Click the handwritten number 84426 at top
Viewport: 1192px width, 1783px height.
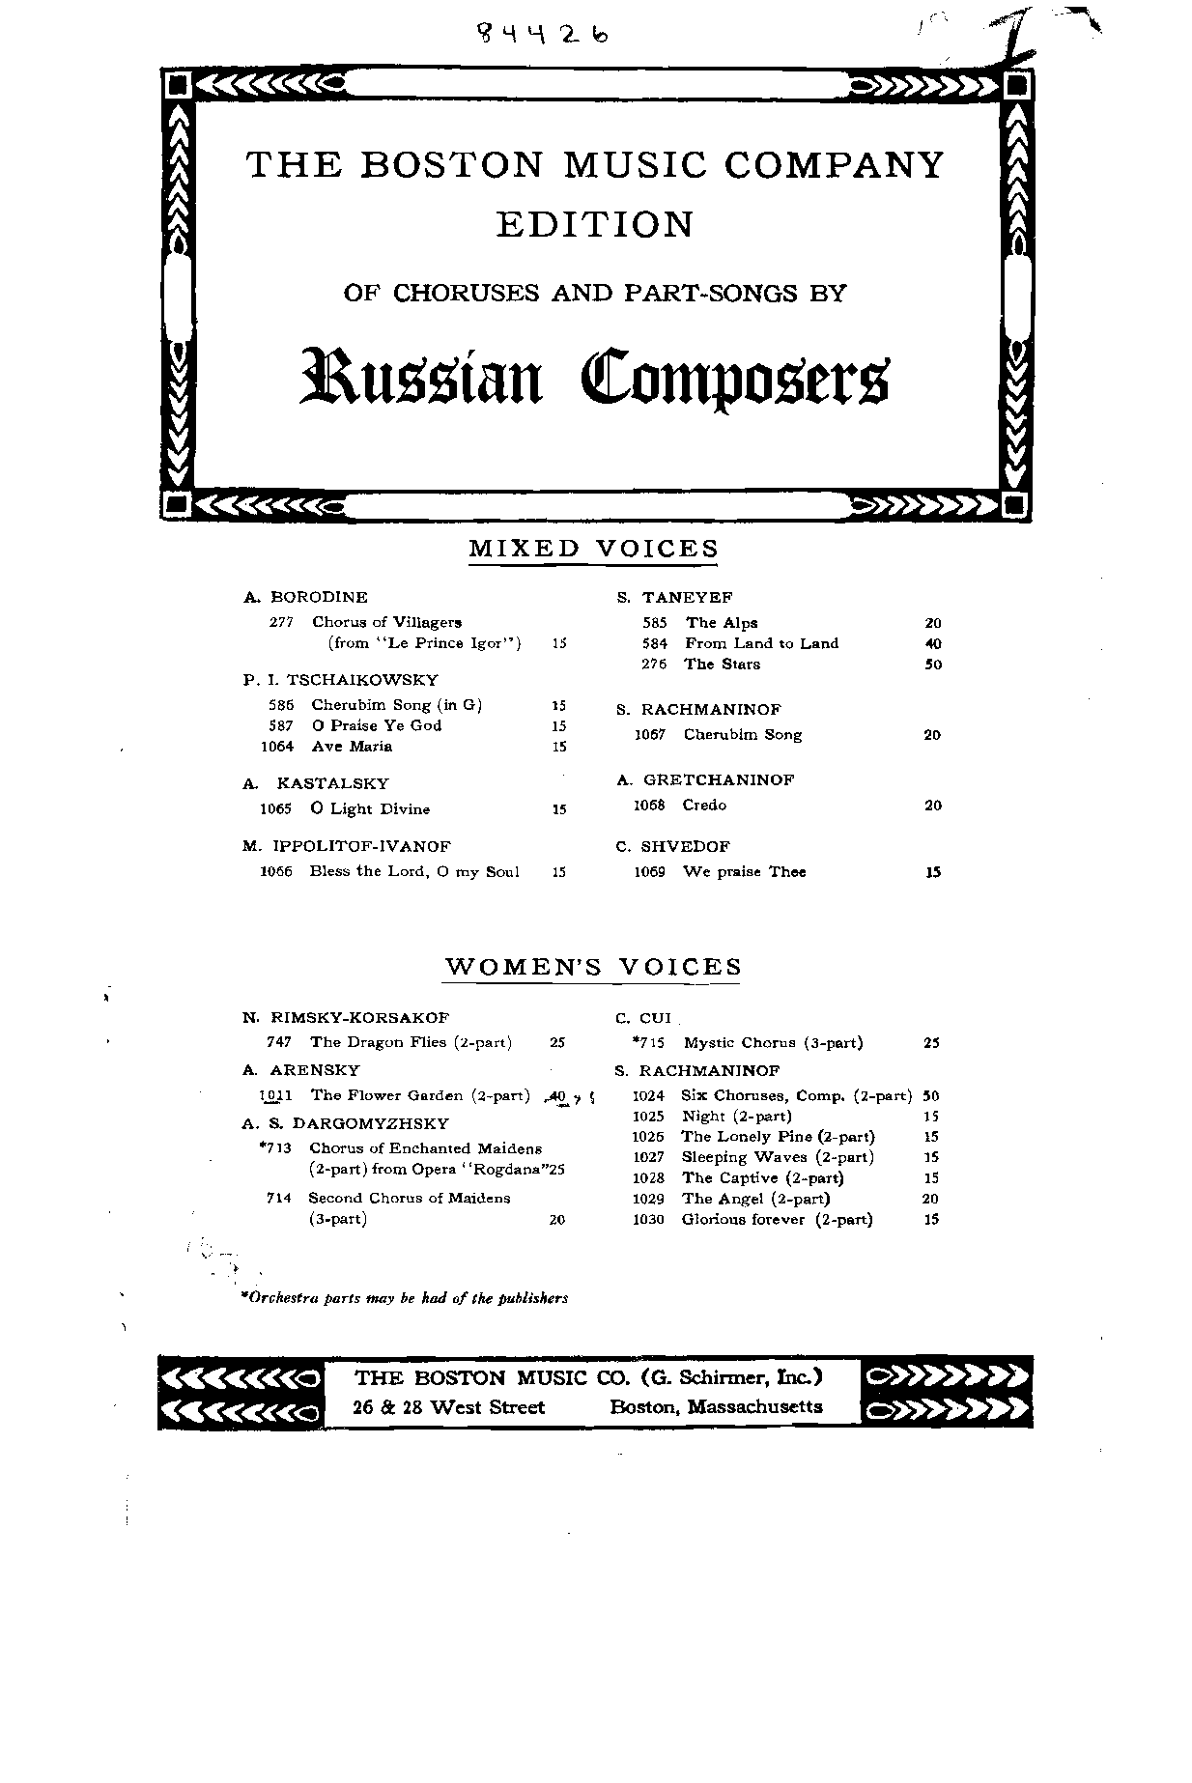[545, 35]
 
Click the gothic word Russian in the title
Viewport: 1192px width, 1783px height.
[422, 375]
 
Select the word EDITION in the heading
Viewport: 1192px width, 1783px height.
[595, 224]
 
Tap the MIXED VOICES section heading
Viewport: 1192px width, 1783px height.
[594, 549]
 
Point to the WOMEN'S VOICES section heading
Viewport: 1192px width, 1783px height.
[593, 967]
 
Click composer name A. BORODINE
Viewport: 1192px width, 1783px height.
[305, 597]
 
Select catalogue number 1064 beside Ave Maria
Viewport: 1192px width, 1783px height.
[278, 746]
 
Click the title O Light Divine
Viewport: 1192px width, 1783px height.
[370, 808]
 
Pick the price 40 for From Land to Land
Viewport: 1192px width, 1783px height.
[932, 643]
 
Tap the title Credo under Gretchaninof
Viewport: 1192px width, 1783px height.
[704, 805]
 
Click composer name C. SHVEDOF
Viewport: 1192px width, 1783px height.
[672, 846]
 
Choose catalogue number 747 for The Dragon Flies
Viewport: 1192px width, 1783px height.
[279, 1042]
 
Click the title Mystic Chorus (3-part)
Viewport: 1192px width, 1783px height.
[773, 1042]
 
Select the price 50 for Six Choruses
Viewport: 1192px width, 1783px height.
[931, 1095]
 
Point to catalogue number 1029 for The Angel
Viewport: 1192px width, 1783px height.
[649, 1199]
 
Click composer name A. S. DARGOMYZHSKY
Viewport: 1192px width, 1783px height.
[346, 1123]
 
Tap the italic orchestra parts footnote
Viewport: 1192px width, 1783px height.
[405, 1298]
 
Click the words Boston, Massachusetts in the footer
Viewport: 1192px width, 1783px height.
[716, 1407]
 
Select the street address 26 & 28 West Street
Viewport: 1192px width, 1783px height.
[449, 1407]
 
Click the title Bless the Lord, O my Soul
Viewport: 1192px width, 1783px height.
[414, 871]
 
